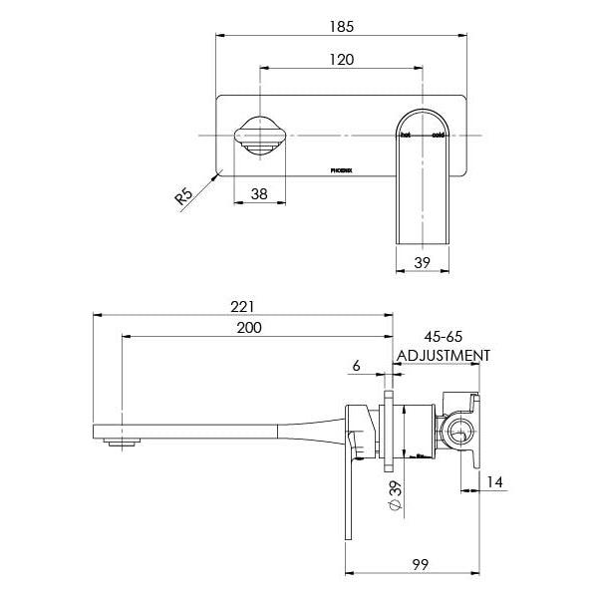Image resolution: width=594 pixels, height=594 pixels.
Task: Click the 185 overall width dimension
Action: click(x=342, y=26)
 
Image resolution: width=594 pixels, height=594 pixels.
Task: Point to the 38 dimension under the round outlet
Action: click(x=258, y=195)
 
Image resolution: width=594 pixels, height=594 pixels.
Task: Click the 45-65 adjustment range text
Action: click(x=443, y=336)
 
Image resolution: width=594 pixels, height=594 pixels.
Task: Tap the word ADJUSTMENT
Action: click(x=443, y=355)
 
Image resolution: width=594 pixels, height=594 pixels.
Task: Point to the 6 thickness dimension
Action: click(x=356, y=366)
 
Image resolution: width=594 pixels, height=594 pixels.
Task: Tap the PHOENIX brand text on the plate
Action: click(x=341, y=171)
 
